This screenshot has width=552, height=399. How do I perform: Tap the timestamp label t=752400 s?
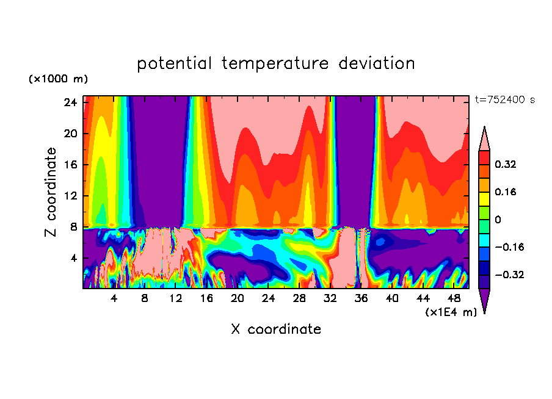point(504,100)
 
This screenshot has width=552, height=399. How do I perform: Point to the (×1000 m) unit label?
point(58,79)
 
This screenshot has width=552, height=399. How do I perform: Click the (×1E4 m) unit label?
point(451,312)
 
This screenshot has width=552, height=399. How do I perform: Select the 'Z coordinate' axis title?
point(52,192)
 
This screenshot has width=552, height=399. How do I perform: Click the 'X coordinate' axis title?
point(276,329)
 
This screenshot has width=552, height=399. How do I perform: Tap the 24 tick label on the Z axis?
point(70,102)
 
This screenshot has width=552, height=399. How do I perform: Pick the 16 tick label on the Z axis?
point(70,165)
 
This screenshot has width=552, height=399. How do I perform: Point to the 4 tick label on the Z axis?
point(73,258)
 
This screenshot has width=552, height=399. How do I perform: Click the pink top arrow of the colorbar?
point(484,139)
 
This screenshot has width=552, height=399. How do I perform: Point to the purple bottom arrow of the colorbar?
point(484,300)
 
